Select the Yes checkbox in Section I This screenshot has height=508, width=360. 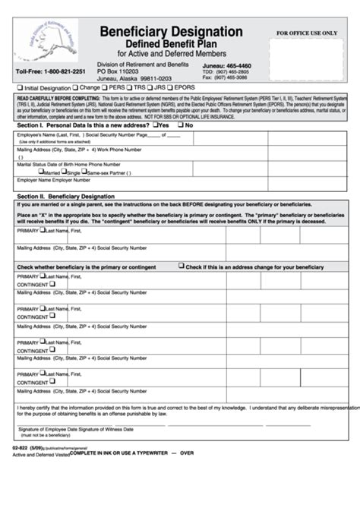pos(155,125)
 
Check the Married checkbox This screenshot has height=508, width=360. pos(29,172)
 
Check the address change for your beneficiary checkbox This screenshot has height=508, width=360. pos(181,266)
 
